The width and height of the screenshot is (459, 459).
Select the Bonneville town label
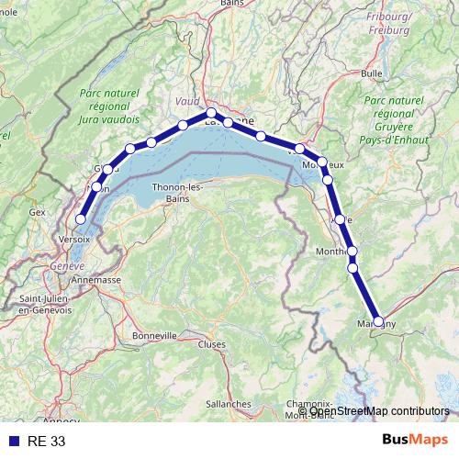pyautogui.click(x=153, y=336)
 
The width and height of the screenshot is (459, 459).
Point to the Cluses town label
pyautogui.click(x=211, y=344)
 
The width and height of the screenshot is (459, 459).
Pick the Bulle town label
pyautogui.click(x=372, y=73)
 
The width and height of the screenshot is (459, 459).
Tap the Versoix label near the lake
pyautogui.click(x=73, y=238)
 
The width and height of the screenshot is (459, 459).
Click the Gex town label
pyautogui.click(x=37, y=212)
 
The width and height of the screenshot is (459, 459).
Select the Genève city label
pyautogui.click(x=66, y=265)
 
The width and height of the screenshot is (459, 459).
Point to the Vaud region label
pyautogui.click(x=186, y=101)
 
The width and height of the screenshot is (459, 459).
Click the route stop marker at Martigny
pyautogui.click(x=378, y=321)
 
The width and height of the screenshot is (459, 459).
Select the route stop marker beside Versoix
pyautogui.click(x=81, y=218)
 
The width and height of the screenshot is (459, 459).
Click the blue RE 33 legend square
pyautogui.click(x=13, y=441)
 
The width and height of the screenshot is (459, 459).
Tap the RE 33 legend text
pyautogui.click(x=46, y=441)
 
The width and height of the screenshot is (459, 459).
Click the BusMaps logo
pyautogui.click(x=415, y=440)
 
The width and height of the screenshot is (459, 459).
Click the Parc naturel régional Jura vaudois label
pyautogui.click(x=109, y=106)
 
